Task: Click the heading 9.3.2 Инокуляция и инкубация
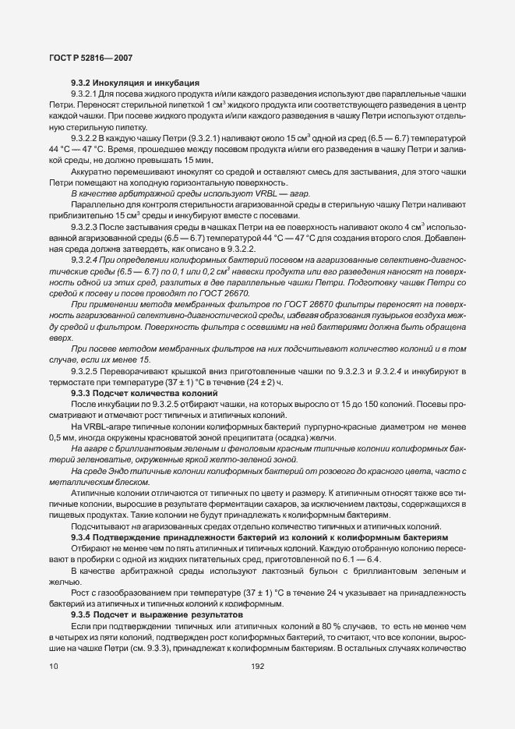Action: tap(135, 82)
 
